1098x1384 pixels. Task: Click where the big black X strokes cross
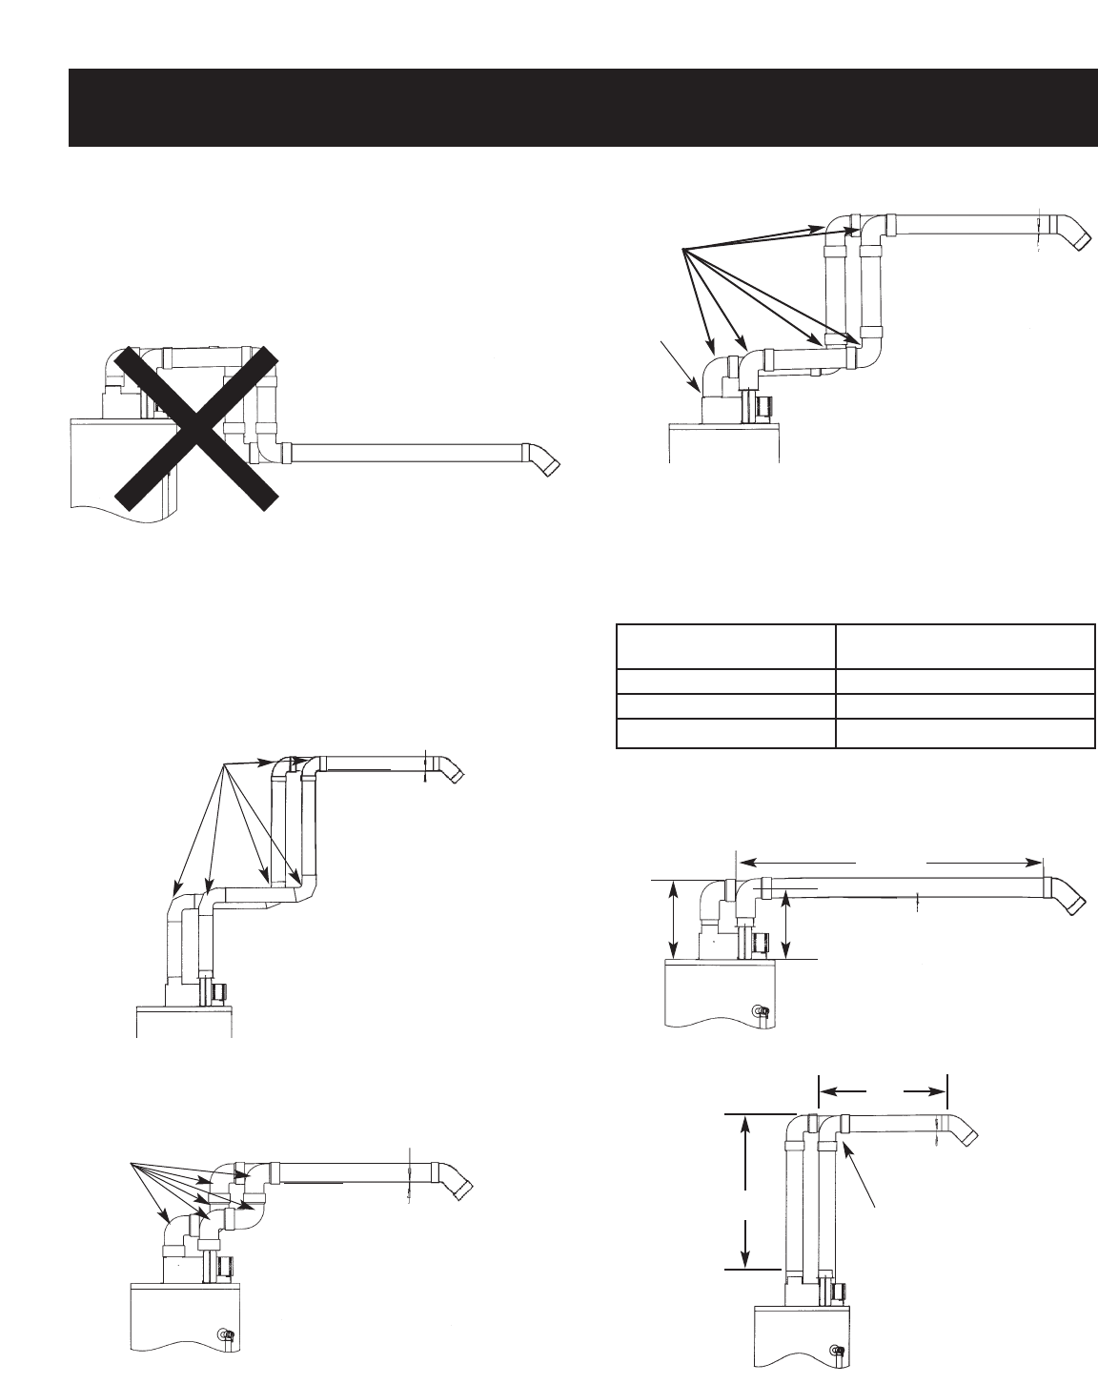coord(195,425)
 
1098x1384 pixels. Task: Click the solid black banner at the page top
coord(581,108)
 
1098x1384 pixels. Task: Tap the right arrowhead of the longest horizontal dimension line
coord(1037,861)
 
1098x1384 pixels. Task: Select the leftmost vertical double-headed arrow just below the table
coord(675,921)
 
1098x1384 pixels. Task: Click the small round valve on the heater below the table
coord(758,1010)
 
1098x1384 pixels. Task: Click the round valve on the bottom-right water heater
coord(836,1350)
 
